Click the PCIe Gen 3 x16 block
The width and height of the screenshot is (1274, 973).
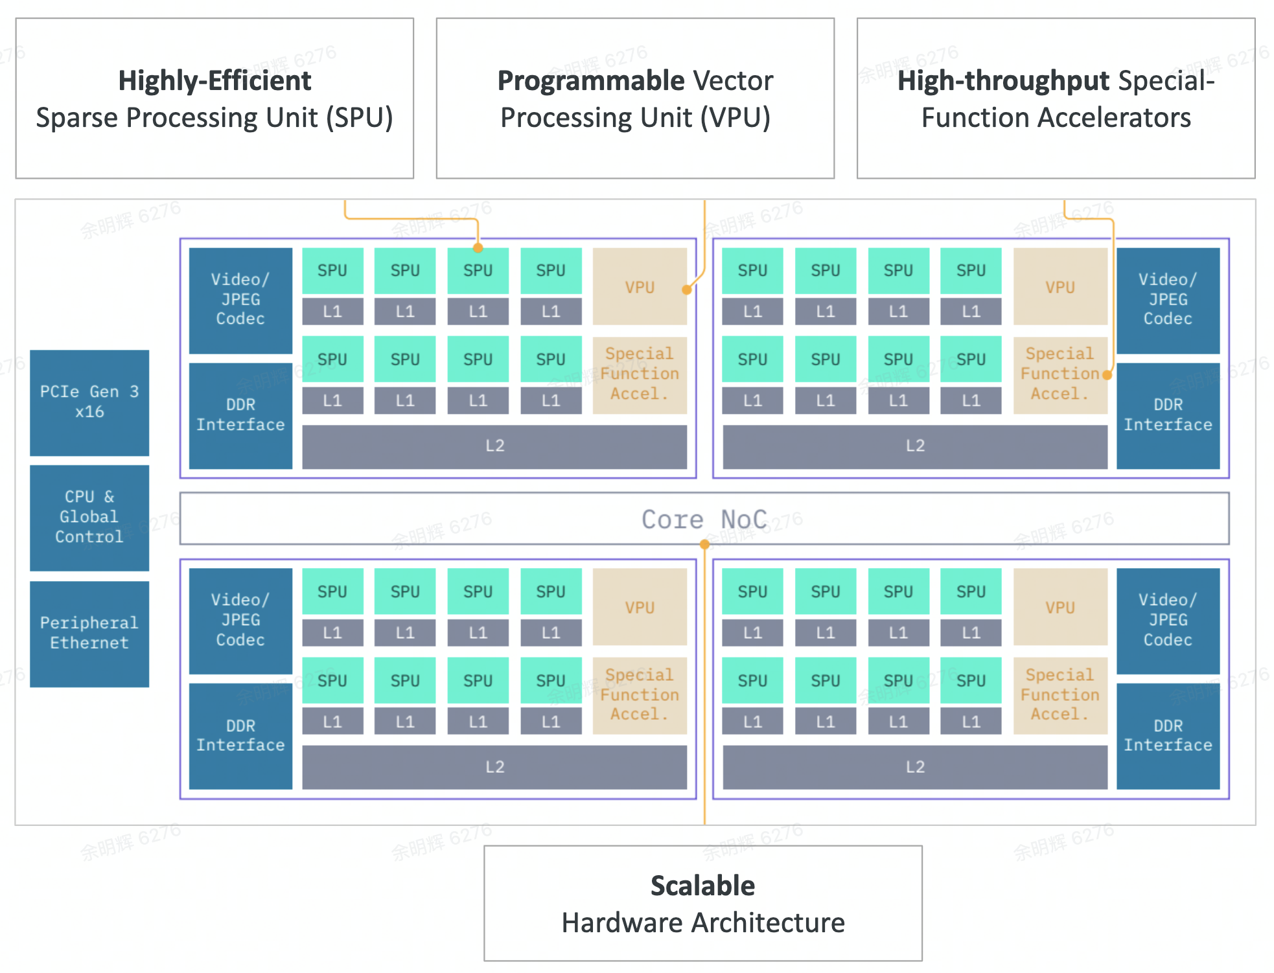(x=89, y=402)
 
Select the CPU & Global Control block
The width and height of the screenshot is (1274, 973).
(x=89, y=517)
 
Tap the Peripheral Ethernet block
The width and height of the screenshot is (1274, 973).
(x=89, y=633)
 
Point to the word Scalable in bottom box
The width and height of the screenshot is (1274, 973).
(x=702, y=886)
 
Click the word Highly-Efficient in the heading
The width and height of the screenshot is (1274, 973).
(x=214, y=81)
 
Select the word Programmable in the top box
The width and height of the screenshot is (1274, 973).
(x=590, y=81)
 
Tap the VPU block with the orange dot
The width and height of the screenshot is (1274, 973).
(x=639, y=286)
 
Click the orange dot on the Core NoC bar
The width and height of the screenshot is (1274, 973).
(x=704, y=545)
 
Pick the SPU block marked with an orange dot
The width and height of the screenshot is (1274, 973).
(x=478, y=270)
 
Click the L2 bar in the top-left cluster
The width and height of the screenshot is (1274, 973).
(x=494, y=446)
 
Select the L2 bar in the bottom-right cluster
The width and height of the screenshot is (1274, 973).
(x=914, y=766)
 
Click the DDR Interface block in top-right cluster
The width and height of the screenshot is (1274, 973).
(x=1168, y=415)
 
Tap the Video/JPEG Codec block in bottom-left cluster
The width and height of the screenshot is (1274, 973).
(x=240, y=620)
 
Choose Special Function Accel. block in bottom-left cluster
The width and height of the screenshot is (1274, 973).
(x=639, y=694)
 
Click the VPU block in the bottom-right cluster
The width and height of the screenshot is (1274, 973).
(x=1060, y=607)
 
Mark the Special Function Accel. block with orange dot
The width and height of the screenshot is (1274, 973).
(x=1060, y=374)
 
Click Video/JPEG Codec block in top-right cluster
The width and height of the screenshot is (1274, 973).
(x=1168, y=299)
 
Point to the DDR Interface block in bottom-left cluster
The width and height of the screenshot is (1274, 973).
(x=240, y=735)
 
